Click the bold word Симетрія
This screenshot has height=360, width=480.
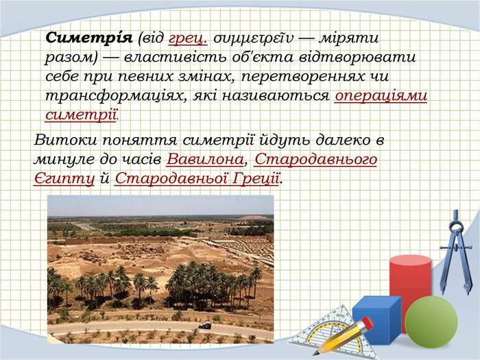click(x=89, y=38)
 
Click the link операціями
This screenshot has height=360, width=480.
click(x=381, y=96)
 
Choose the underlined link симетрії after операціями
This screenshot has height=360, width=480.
click(x=81, y=115)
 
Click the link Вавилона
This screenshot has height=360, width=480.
click(x=205, y=159)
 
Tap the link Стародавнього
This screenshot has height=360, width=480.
click(x=315, y=160)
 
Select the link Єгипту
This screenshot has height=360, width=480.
click(x=64, y=179)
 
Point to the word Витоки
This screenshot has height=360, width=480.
click(x=66, y=140)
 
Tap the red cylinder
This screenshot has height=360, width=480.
click(x=410, y=285)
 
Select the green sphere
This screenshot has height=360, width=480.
click(x=431, y=322)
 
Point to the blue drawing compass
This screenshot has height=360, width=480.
click(x=456, y=252)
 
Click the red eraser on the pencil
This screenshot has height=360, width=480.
click(x=367, y=323)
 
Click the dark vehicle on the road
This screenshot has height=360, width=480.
click(x=205, y=326)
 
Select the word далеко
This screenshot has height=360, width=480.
click(x=341, y=140)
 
